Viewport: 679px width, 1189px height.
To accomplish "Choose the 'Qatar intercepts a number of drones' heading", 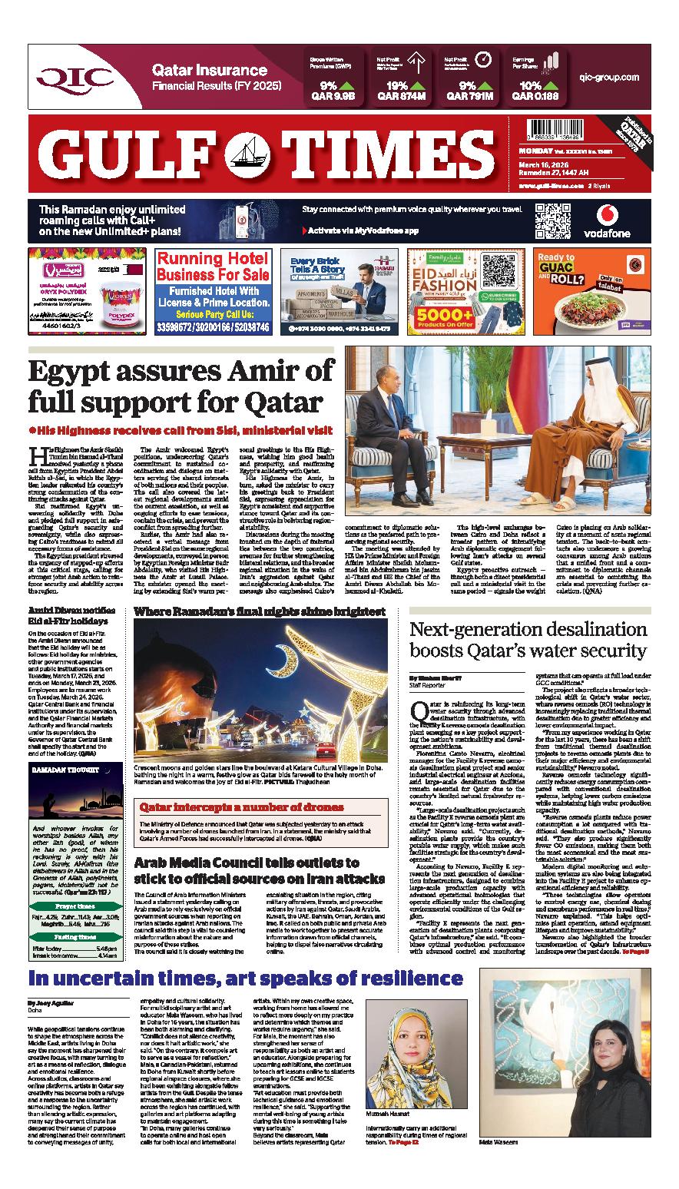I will [x=240, y=807].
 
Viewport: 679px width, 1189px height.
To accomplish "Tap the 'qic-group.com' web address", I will [x=609, y=78].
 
